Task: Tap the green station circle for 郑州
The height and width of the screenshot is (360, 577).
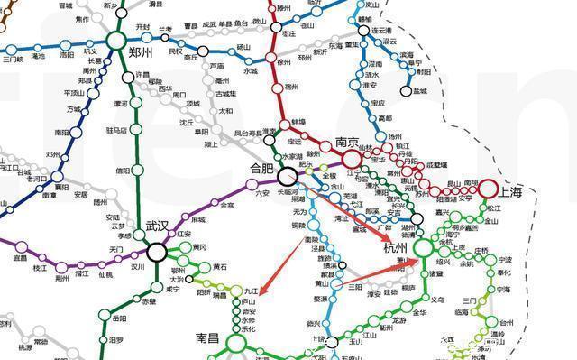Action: (x=115, y=40)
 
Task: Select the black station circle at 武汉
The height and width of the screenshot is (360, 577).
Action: (x=157, y=252)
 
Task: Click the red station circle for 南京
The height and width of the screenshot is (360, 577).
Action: (x=347, y=157)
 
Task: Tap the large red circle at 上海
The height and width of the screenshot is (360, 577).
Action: (x=488, y=189)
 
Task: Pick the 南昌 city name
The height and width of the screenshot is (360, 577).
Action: (x=208, y=339)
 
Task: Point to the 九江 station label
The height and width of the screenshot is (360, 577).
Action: (x=252, y=291)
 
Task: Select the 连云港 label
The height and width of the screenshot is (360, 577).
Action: (x=385, y=30)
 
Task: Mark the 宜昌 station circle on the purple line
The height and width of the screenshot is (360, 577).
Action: (x=20, y=246)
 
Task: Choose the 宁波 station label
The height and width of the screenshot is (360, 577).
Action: (x=504, y=260)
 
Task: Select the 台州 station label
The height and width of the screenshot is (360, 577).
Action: (x=509, y=320)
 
